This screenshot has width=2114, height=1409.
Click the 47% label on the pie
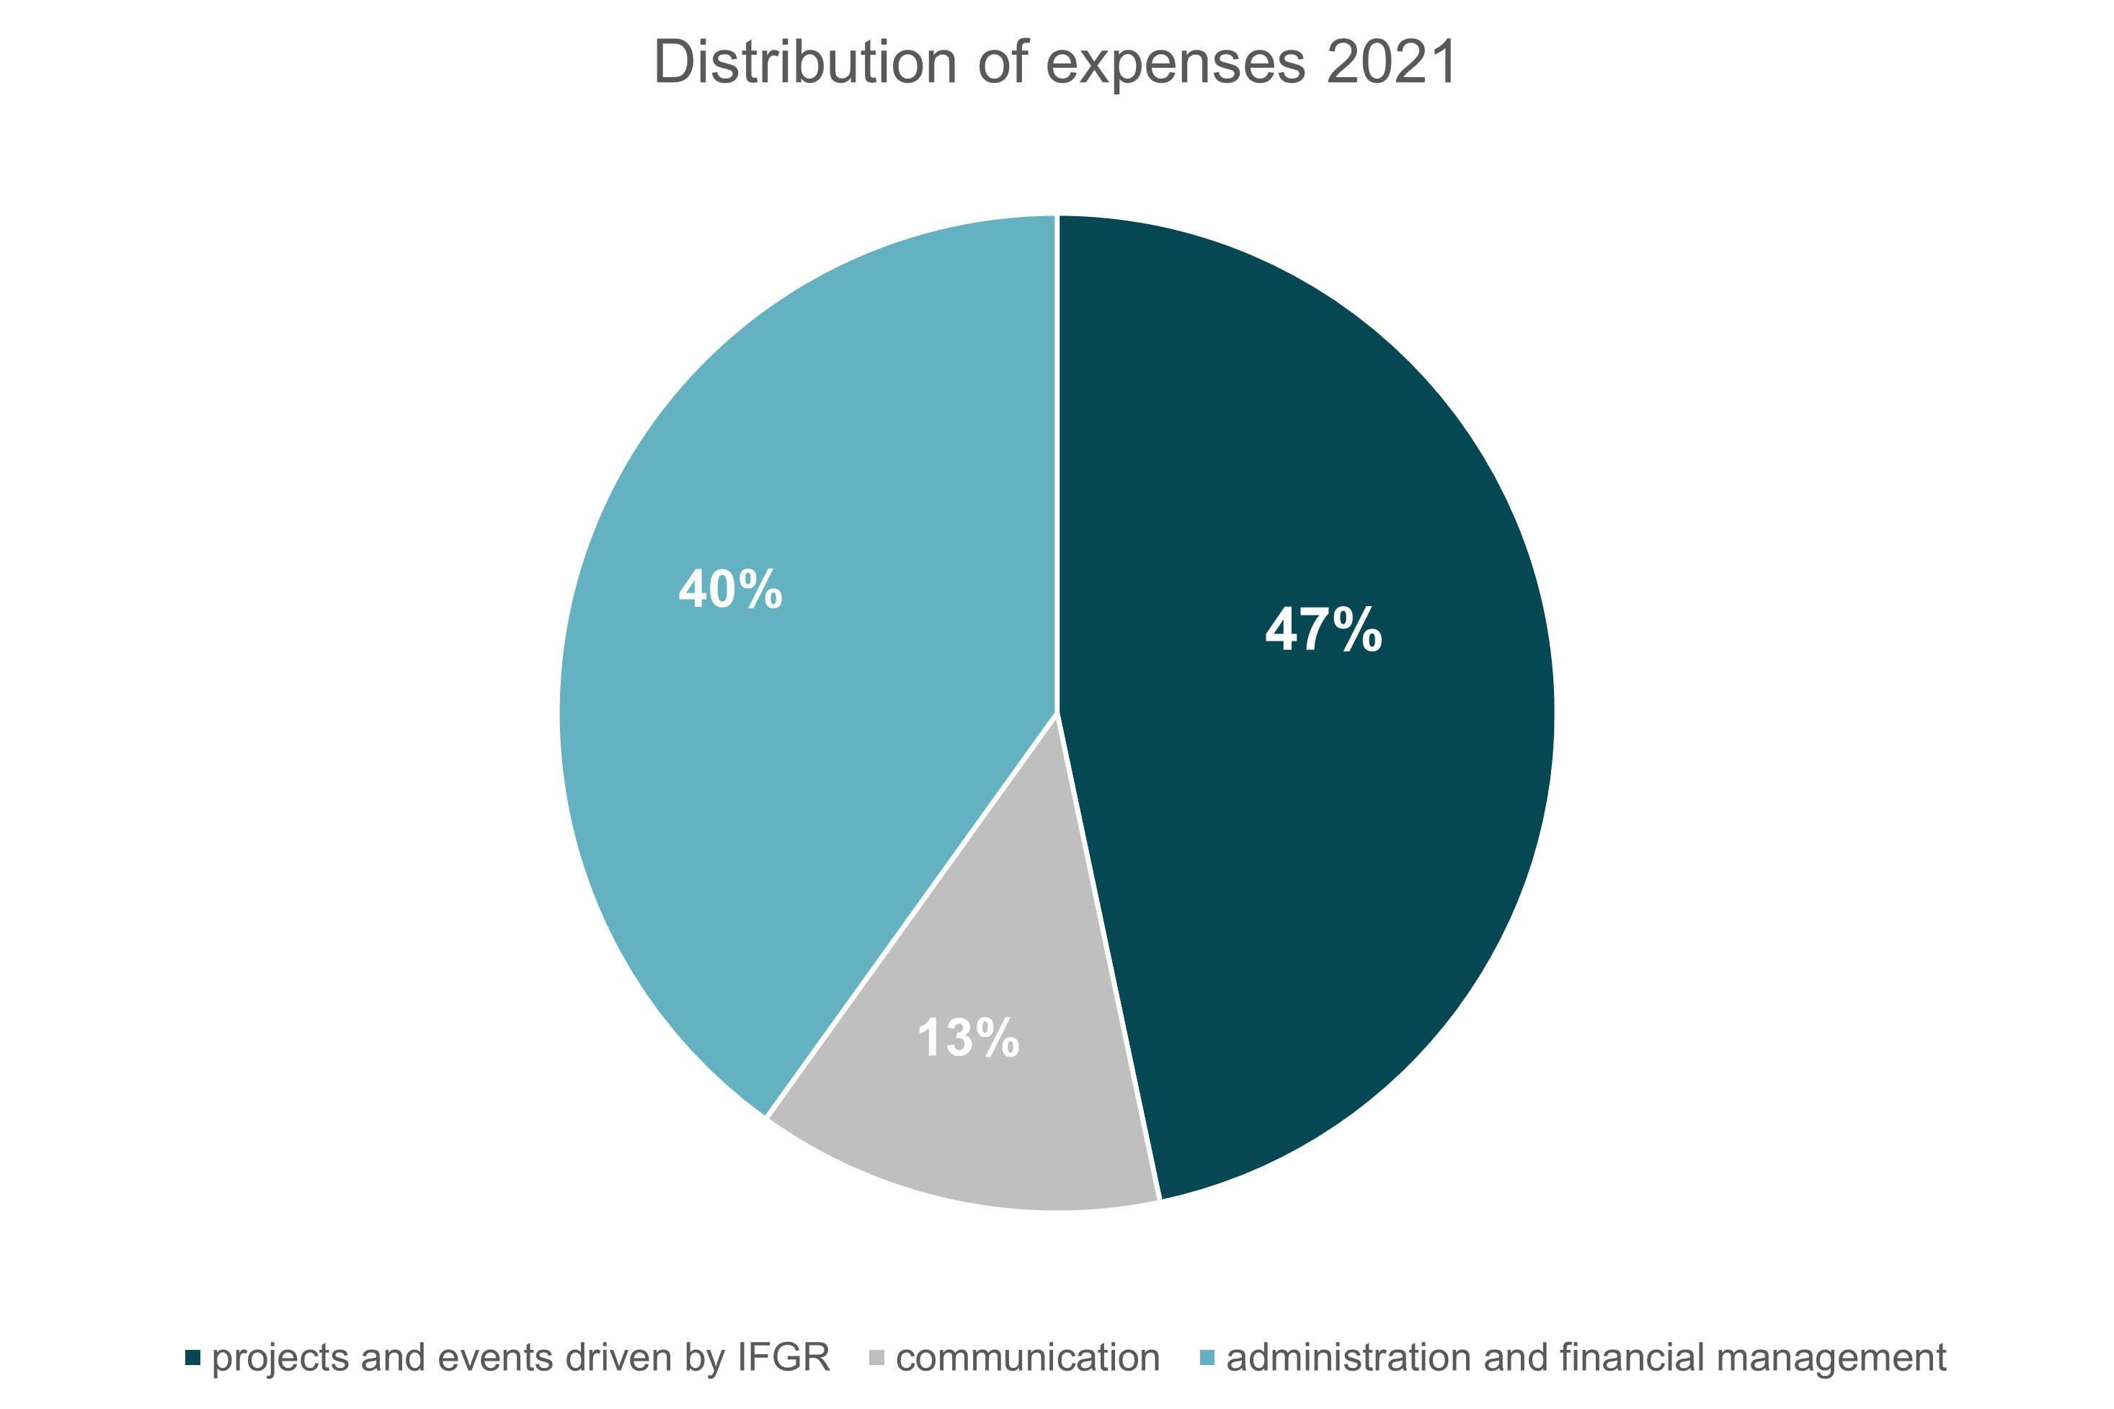(x=1323, y=630)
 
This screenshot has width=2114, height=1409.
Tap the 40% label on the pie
(x=730, y=590)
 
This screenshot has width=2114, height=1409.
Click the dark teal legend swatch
(x=193, y=1358)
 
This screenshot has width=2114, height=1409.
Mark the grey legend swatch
(x=877, y=1358)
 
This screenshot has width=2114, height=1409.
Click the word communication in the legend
(x=1028, y=1358)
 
